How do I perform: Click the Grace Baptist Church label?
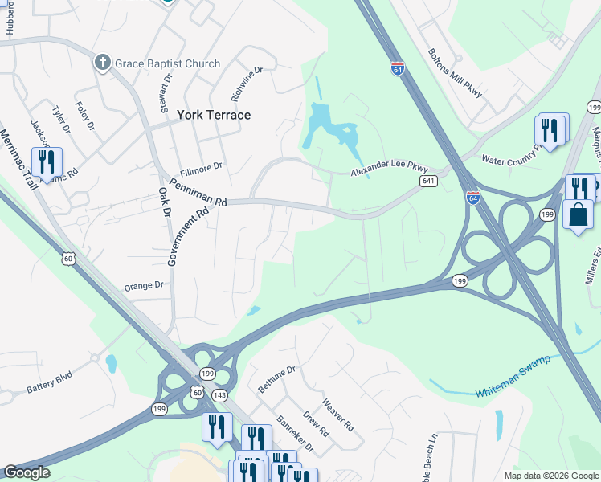[x=167, y=63]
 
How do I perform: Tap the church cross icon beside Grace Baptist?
[x=102, y=63]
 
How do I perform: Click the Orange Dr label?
[x=144, y=285]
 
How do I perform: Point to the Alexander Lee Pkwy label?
[x=390, y=170]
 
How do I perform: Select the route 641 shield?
[x=428, y=182]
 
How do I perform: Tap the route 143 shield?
[x=219, y=395]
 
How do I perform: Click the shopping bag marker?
[x=578, y=214]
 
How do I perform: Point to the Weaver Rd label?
[x=337, y=415]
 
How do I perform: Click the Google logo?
[x=27, y=472]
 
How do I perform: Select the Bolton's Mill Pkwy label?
[x=456, y=72]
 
